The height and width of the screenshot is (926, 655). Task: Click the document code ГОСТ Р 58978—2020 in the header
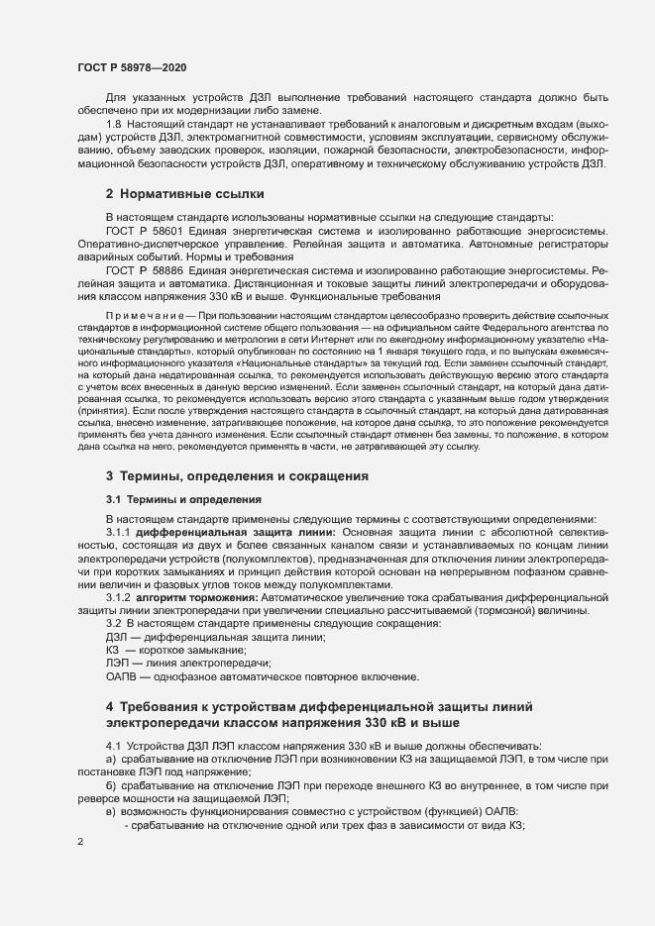[x=130, y=66]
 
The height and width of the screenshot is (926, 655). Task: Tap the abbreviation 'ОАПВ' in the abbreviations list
[x=124, y=676]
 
